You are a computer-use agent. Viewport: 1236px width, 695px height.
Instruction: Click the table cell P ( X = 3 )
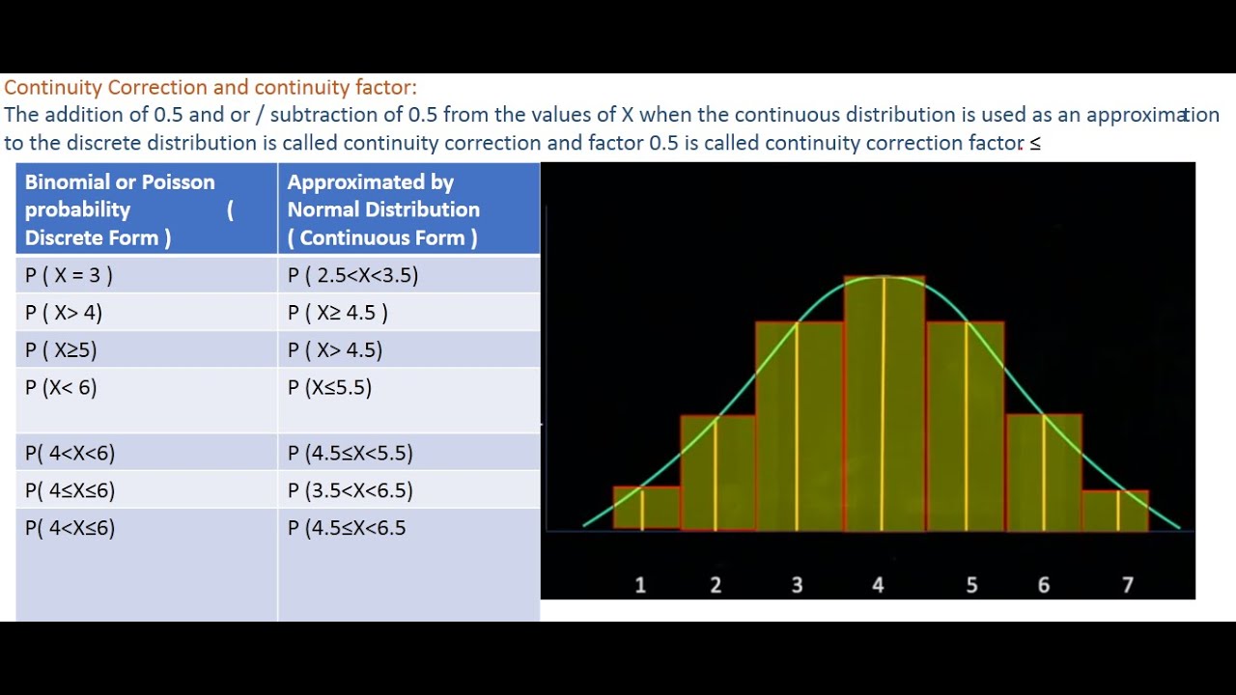146,274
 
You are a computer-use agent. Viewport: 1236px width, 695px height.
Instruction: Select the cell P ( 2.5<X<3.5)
408,274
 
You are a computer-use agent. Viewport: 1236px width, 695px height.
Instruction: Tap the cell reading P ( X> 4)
146,312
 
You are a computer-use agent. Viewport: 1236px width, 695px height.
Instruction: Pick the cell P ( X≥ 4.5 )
408,312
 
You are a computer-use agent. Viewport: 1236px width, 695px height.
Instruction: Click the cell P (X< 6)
146,400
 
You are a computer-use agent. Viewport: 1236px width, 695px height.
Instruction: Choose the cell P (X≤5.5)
408,400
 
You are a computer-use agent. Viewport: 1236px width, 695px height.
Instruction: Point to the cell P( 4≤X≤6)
146,489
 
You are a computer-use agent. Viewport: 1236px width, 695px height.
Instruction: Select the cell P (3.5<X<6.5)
408,489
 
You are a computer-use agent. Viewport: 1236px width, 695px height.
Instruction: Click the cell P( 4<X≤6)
146,565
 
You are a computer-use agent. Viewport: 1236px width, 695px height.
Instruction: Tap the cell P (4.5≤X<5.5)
408,453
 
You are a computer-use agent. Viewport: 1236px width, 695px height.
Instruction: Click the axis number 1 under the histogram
640,585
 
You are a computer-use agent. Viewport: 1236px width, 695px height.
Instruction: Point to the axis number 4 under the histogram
878,585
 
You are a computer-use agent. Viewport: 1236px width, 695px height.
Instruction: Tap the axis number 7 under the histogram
1128,585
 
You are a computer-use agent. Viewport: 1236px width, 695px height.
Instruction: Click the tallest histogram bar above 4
884,403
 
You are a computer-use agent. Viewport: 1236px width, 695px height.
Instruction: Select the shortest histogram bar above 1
646,508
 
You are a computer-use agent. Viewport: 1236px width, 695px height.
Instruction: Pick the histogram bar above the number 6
1044,473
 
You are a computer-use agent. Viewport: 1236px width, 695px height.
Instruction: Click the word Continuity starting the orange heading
53,87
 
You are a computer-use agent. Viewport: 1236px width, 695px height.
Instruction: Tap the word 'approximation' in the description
1153,115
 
